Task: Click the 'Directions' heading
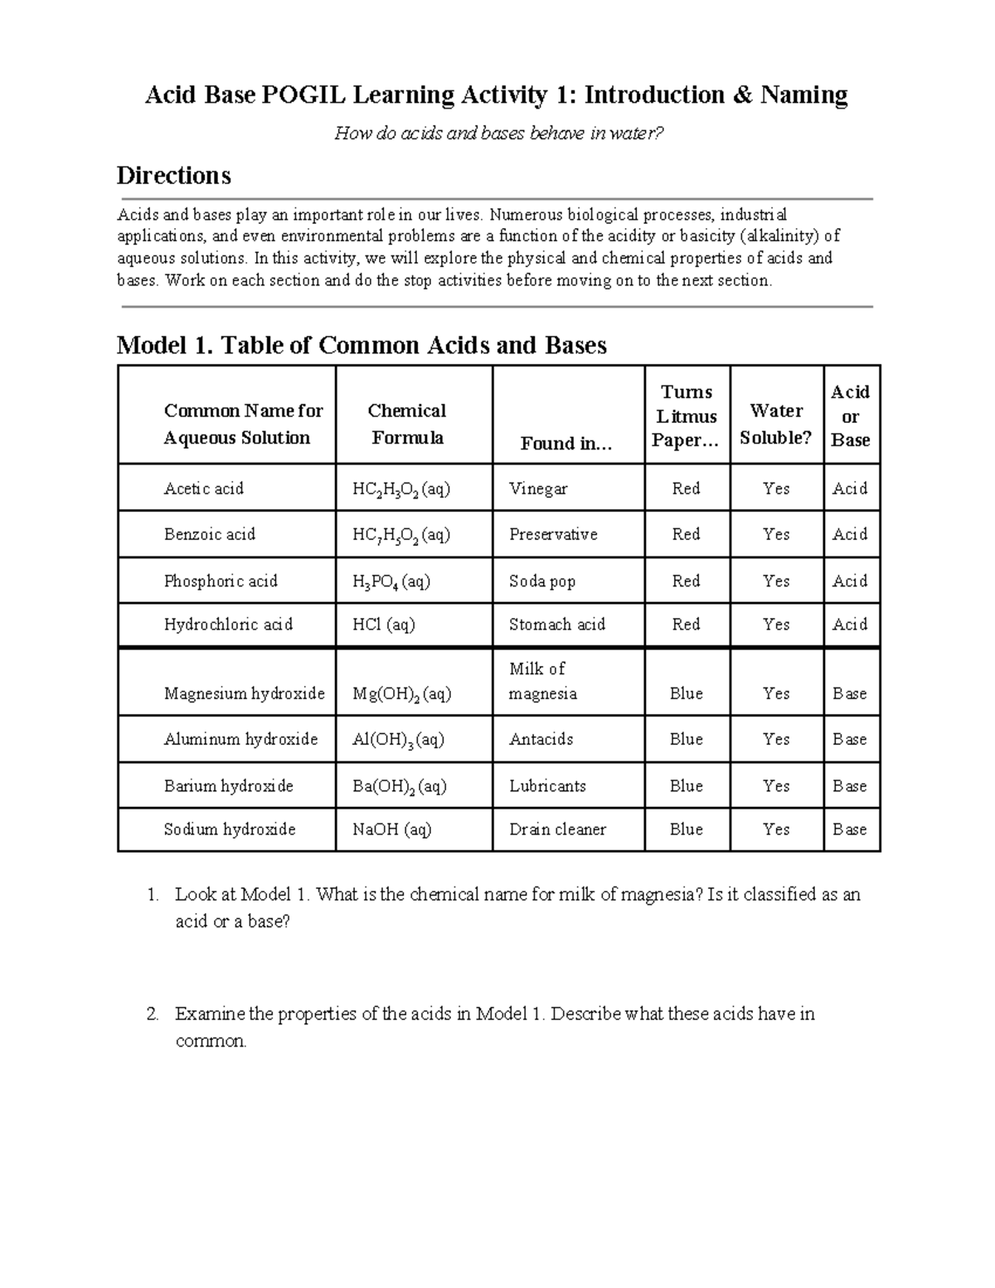pos(173,176)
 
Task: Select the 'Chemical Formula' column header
pos(406,424)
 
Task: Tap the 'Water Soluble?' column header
pos(775,424)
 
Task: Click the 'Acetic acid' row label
pos(204,488)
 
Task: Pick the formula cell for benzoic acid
pos(401,535)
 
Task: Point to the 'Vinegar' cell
pos(538,488)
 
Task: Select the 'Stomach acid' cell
pos(556,625)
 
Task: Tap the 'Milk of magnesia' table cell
pos(543,681)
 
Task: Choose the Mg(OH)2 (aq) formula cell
pos(401,694)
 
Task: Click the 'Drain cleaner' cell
pos(557,829)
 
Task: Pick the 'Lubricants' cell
pos(547,786)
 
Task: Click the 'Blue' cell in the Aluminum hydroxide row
pos(686,740)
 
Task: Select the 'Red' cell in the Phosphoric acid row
pos(686,581)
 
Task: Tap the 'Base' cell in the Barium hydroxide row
pos(850,786)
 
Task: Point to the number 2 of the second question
pos(152,1013)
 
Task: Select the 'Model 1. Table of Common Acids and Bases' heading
pos(362,345)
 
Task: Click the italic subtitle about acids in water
pos(499,134)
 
